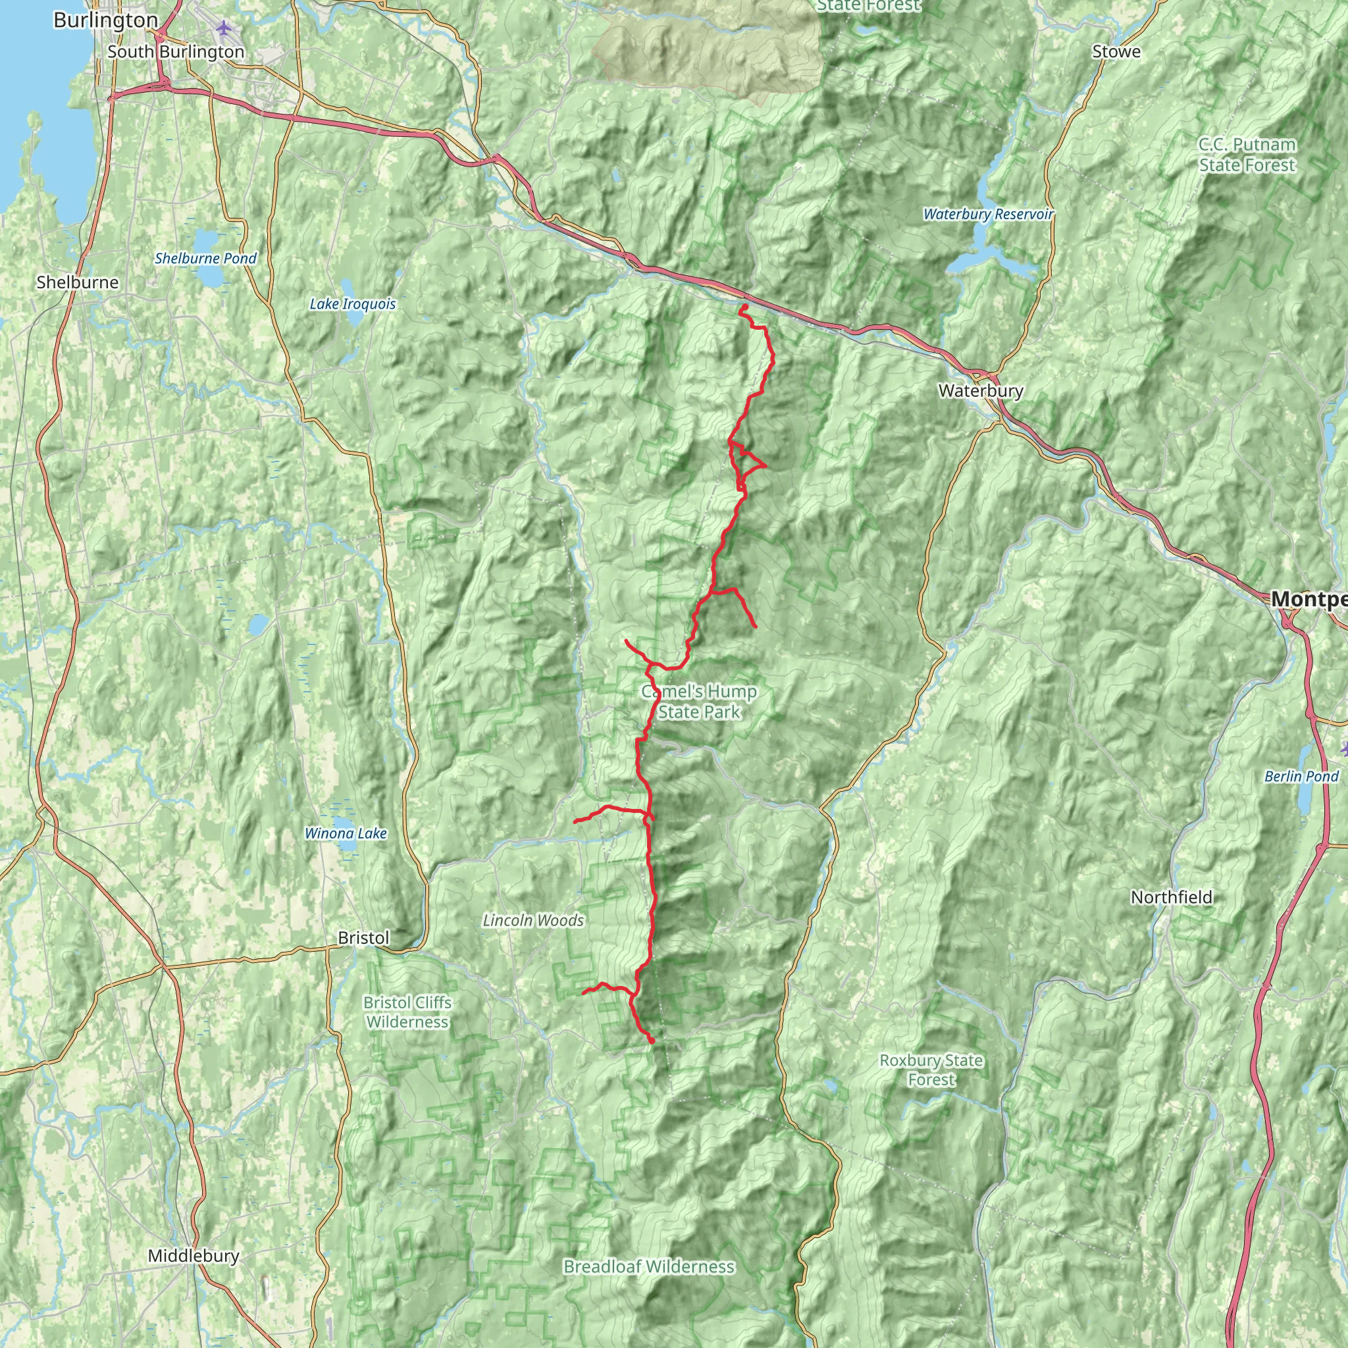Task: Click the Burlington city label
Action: pyautogui.click(x=105, y=20)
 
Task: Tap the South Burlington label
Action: pyautogui.click(x=176, y=53)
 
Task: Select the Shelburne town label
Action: pyautogui.click(x=78, y=282)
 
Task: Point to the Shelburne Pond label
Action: pyautogui.click(x=206, y=259)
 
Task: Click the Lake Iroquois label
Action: pyautogui.click(x=352, y=304)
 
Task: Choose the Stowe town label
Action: pyautogui.click(x=1116, y=51)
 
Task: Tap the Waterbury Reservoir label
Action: pyautogui.click(x=988, y=214)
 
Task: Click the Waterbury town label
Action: pyautogui.click(x=980, y=391)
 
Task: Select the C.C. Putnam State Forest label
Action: pyautogui.click(x=1247, y=155)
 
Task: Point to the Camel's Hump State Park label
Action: pyautogui.click(x=699, y=702)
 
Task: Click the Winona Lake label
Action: pyautogui.click(x=346, y=834)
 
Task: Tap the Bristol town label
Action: pyautogui.click(x=363, y=939)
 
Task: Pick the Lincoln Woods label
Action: pyautogui.click(x=533, y=921)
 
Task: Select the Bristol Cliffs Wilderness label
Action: pyautogui.click(x=407, y=1012)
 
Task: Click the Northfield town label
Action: pyautogui.click(x=1172, y=897)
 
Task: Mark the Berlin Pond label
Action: pyautogui.click(x=1301, y=777)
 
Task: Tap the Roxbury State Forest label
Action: pyautogui.click(x=931, y=1070)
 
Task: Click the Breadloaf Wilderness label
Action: pyautogui.click(x=649, y=1286)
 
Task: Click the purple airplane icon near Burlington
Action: pyautogui.click(x=223, y=28)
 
